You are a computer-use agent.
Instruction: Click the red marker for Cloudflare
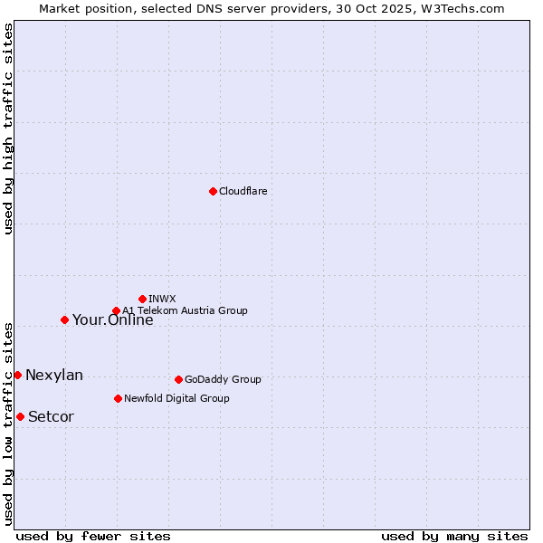(x=213, y=191)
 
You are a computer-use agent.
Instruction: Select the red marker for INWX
(x=142, y=299)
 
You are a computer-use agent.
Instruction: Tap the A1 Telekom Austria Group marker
(x=116, y=311)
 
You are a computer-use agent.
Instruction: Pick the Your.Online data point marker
(x=64, y=319)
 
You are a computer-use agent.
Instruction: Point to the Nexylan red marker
(x=17, y=375)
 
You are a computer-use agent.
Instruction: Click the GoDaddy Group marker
(x=178, y=379)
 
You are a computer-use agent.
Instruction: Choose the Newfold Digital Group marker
(x=118, y=398)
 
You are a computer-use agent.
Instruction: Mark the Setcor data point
(x=20, y=416)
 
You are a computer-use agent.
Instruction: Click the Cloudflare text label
(x=243, y=191)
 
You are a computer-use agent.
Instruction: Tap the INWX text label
(x=162, y=299)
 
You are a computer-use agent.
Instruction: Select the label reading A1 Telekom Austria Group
(x=185, y=310)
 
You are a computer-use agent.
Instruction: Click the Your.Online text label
(x=112, y=319)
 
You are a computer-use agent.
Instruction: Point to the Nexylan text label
(x=54, y=376)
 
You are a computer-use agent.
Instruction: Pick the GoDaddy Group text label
(x=223, y=379)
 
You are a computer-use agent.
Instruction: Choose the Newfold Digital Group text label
(x=176, y=398)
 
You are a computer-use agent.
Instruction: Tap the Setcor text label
(x=51, y=417)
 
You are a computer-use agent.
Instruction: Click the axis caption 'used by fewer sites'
(x=93, y=536)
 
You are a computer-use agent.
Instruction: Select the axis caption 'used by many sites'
(x=454, y=536)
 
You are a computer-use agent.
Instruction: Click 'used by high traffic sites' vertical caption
(x=8, y=129)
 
